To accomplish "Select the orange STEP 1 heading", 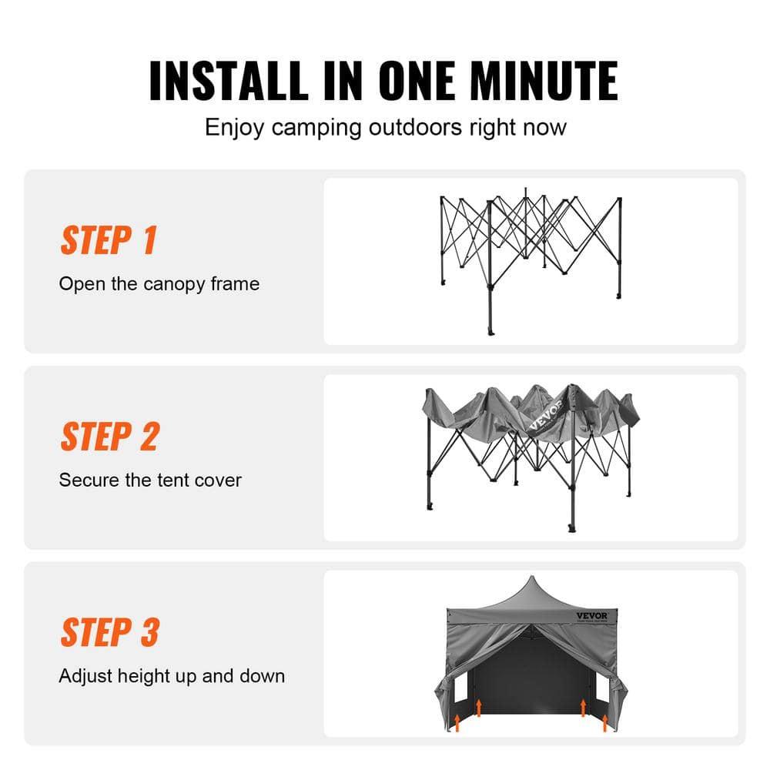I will tap(109, 240).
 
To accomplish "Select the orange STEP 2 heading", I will tap(109, 437).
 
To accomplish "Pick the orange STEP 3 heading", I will tap(110, 632).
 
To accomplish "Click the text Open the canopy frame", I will tap(159, 284).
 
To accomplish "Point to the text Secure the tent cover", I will tap(150, 480).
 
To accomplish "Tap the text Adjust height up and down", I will tap(172, 677).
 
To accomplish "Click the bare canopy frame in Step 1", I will tap(531, 246).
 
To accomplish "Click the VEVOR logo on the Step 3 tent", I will tap(592, 614).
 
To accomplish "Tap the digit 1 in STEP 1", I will tap(149, 240).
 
